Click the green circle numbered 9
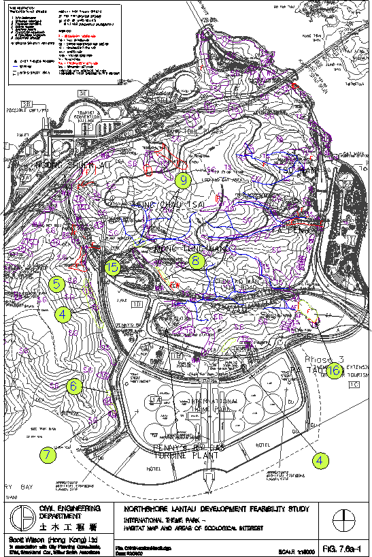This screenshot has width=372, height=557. pos(182,180)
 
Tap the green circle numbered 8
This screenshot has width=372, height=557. pos(197,260)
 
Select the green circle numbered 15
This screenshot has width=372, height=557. pos(112,267)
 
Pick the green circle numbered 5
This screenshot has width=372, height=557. pos(57,284)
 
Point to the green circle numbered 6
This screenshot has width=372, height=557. pos(75,385)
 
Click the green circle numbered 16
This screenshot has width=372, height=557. pos(334,370)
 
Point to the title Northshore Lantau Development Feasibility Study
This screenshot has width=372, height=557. pos(216,509)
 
